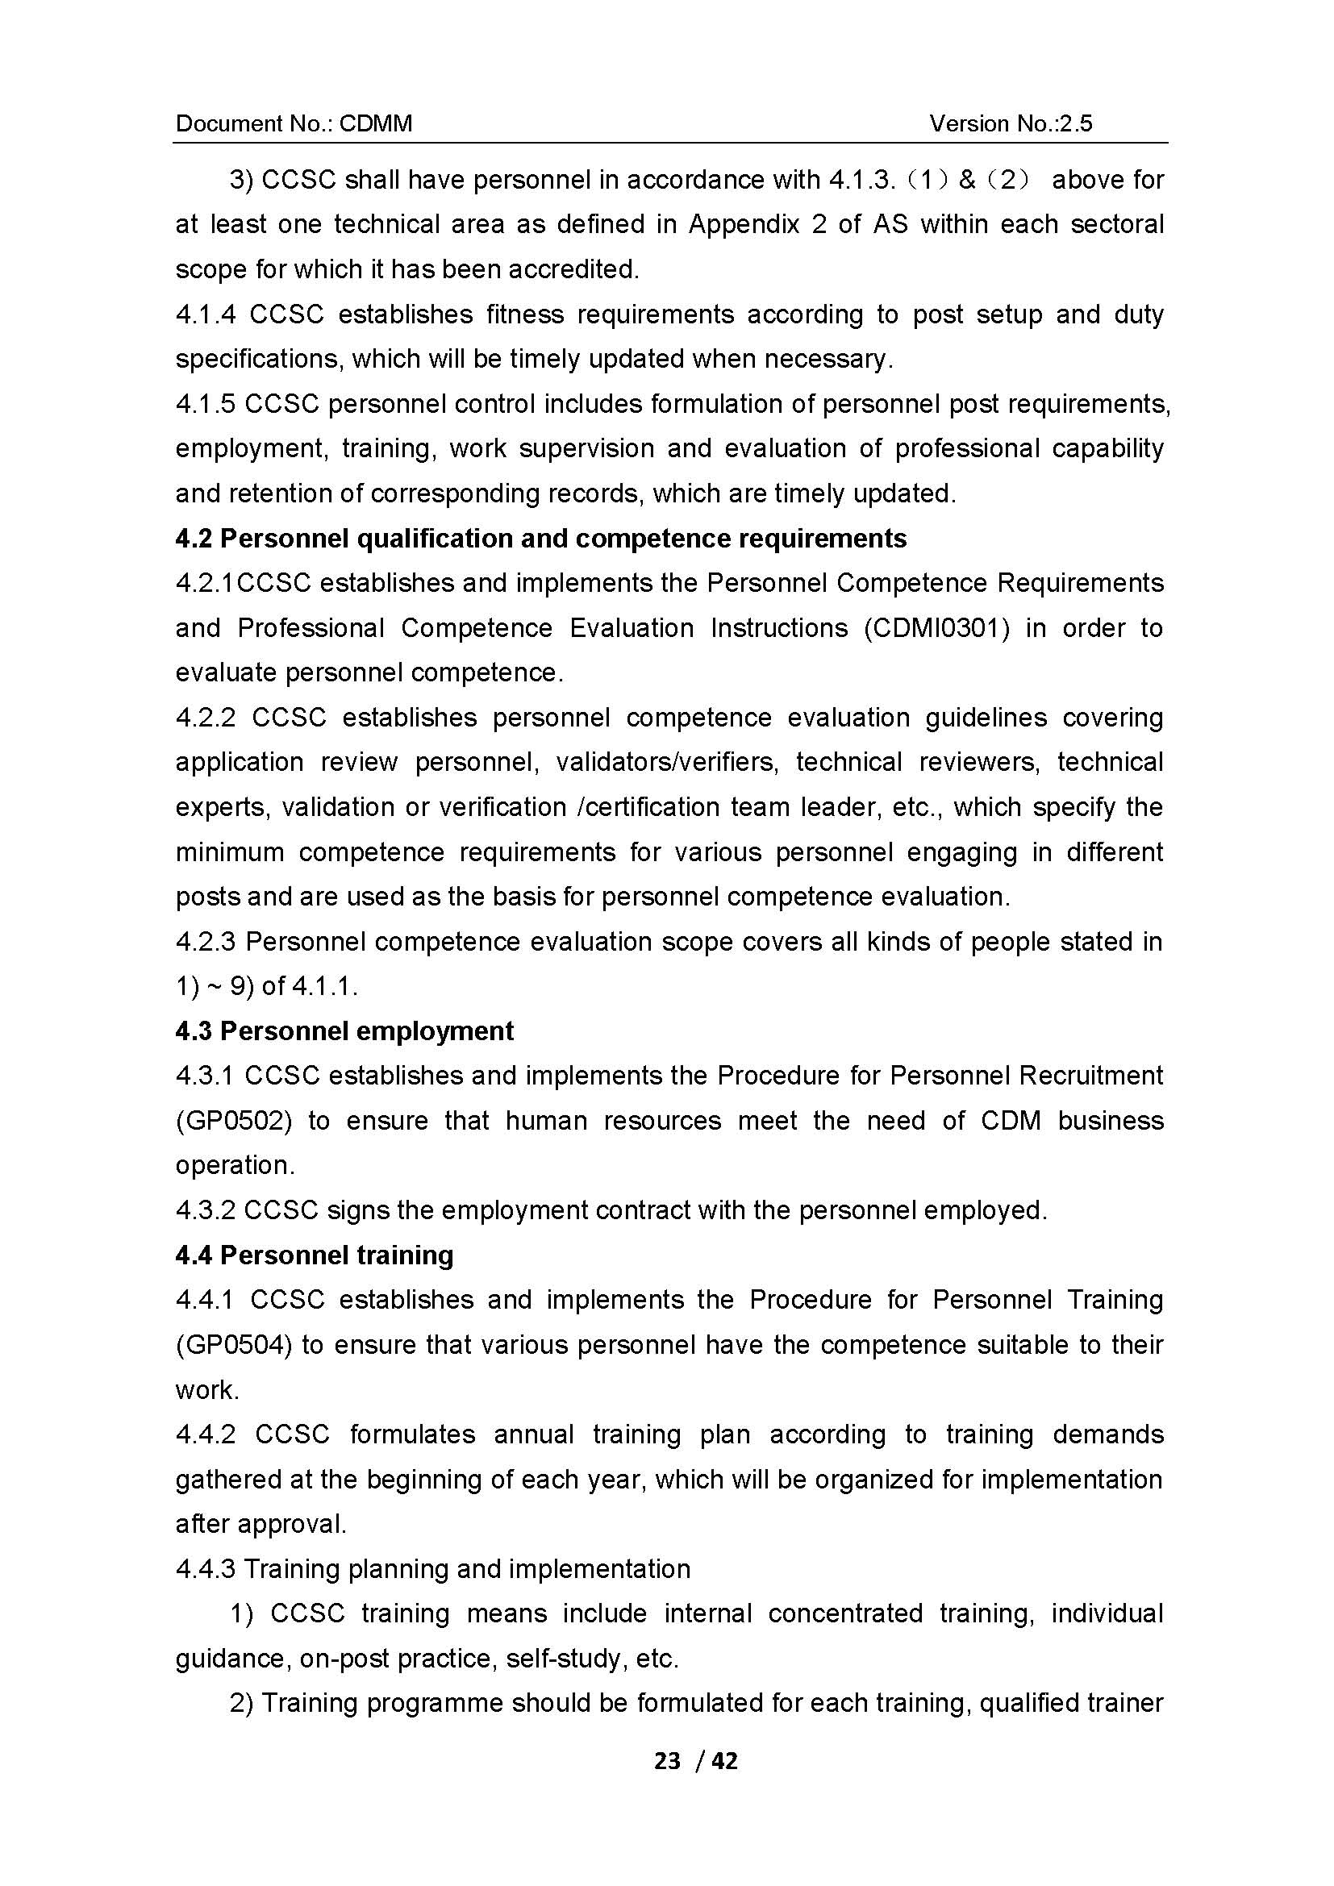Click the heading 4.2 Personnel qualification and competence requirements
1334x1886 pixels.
point(540,539)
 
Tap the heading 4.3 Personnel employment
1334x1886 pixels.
point(344,1031)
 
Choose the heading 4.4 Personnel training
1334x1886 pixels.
point(315,1255)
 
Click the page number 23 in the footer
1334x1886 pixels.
point(668,1760)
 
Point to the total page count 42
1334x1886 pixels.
point(724,1760)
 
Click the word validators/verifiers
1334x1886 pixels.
point(667,763)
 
